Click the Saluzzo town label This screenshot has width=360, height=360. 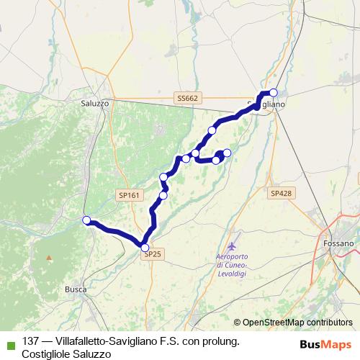pos(95,104)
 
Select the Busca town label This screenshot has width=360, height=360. pos(76,289)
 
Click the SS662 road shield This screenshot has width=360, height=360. pos(186,98)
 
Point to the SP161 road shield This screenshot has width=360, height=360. pos(129,194)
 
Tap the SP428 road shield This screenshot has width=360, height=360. pos(281,193)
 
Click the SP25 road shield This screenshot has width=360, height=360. pos(153,254)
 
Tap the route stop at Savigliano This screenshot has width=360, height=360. pos(273,92)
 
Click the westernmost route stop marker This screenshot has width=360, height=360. pos(86,220)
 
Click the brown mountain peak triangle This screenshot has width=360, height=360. pos(49,257)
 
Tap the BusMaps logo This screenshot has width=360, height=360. pos(325,343)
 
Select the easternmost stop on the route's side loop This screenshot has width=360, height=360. pos(227,153)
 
